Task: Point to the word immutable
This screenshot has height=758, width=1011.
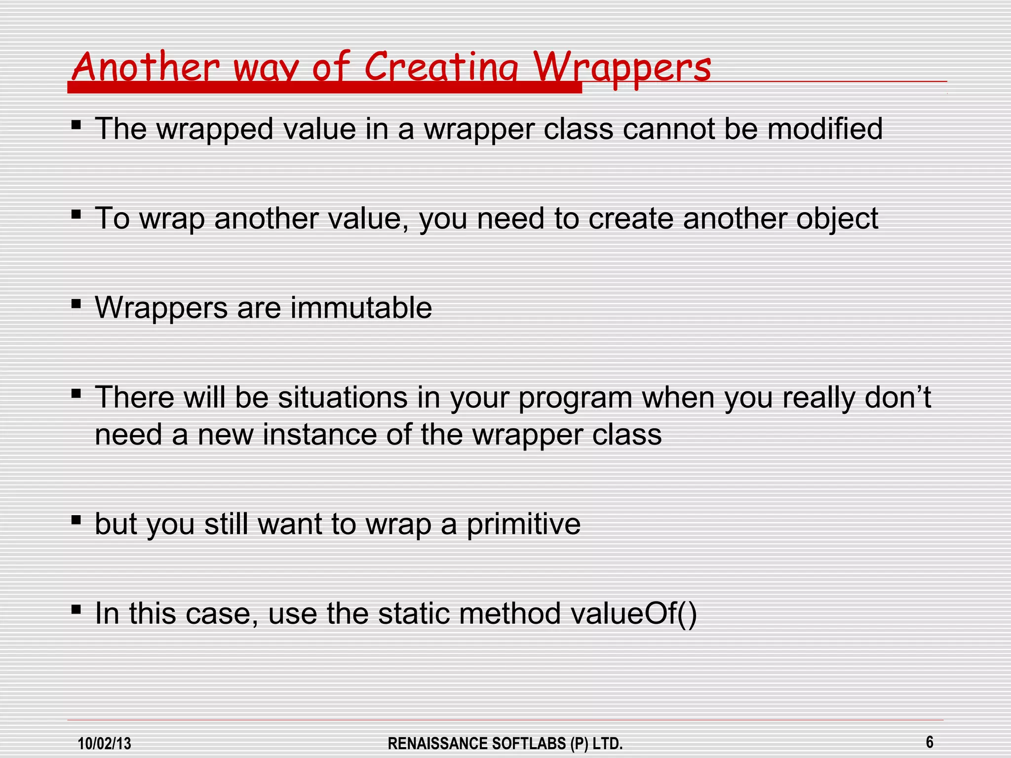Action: [x=361, y=308]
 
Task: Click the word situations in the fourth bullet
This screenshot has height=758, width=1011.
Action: [x=343, y=398]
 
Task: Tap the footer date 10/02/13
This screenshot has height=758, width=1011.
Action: [x=105, y=743]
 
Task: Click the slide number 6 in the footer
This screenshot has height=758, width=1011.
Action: [x=929, y=742]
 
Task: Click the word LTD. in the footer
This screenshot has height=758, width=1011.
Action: [x=607, y=743]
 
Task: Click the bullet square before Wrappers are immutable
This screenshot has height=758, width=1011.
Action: [x=76, y=303]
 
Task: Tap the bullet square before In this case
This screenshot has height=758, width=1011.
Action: [x=76, y=609]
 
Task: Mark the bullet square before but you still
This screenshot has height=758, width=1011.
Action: [x=76, y=520]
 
